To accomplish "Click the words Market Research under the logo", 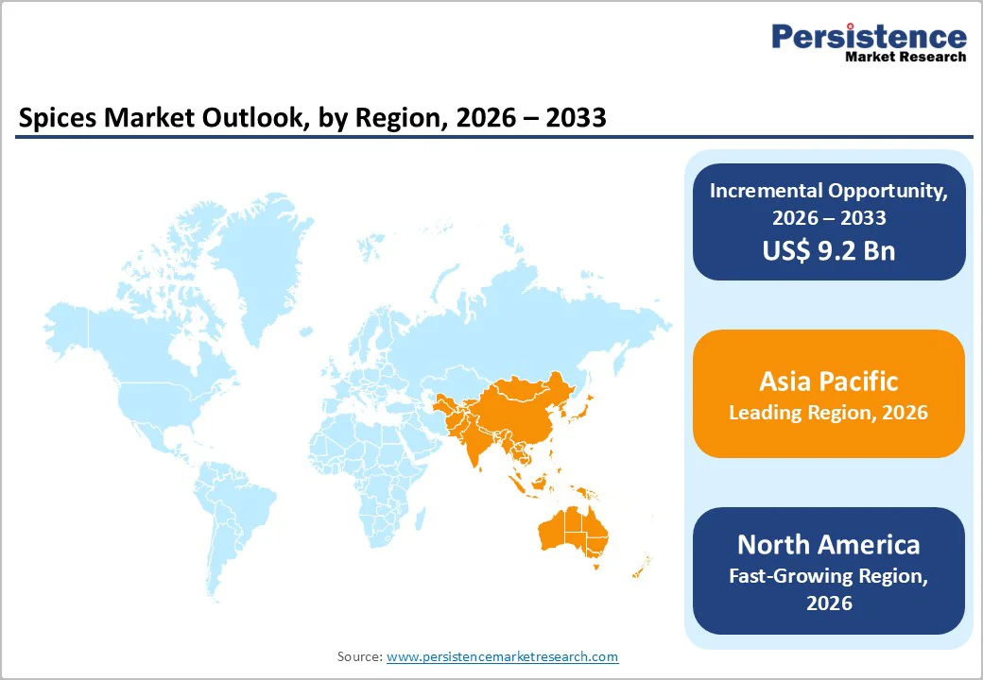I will pos(905,57).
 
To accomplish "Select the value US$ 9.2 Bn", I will pos(829,250).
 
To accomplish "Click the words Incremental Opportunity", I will pos(829,190).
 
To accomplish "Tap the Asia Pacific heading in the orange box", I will pos(828,382).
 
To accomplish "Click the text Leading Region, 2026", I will pos(828,413).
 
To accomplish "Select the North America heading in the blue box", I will pos(828,545).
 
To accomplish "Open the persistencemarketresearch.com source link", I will pos(502,656).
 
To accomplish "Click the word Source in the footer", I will pos(359,656).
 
